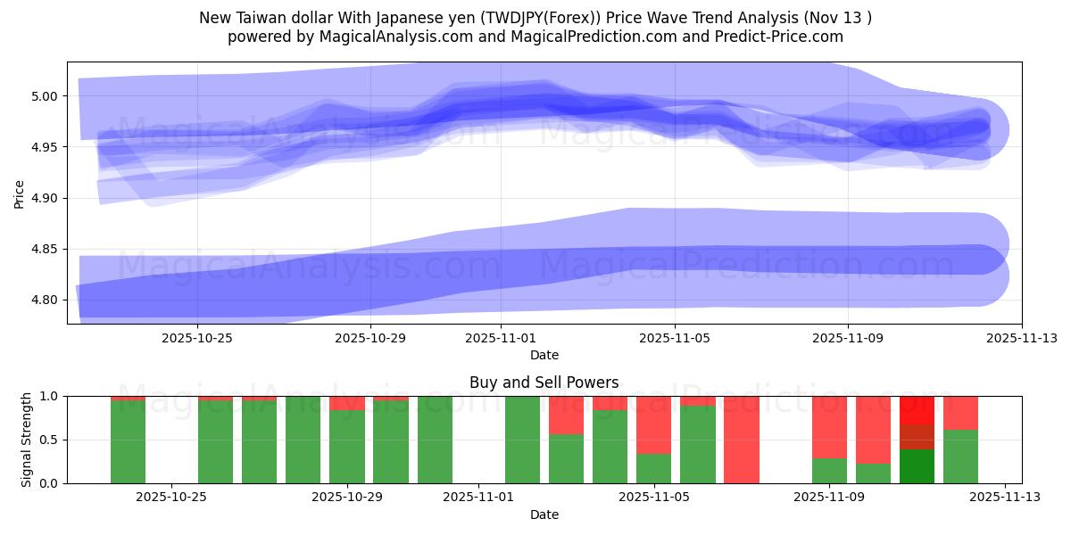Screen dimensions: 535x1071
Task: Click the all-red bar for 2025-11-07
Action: (742, 440)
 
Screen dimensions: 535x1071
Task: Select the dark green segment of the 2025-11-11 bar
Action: (917, 466)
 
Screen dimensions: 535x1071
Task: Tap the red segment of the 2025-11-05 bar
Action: (654, 424)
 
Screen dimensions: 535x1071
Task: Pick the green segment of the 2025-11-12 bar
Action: (960, 457)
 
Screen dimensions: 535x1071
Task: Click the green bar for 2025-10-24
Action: (128, 441)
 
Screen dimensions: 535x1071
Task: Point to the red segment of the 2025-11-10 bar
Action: (873, 429)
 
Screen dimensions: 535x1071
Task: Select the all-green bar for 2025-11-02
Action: (522, 440)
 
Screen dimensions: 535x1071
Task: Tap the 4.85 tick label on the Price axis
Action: (45, 249)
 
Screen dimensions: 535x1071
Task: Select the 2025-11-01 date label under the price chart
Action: (501, 338)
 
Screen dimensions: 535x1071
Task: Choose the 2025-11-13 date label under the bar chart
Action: (1005, 498)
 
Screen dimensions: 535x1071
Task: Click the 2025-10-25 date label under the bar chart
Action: (171, 498)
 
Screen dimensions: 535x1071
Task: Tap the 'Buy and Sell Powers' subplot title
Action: (544, 383)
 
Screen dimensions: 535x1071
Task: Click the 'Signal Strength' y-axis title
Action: (27, 439)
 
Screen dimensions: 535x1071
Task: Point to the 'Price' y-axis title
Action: (20, 193)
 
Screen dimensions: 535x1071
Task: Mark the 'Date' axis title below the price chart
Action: (544, 355)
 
